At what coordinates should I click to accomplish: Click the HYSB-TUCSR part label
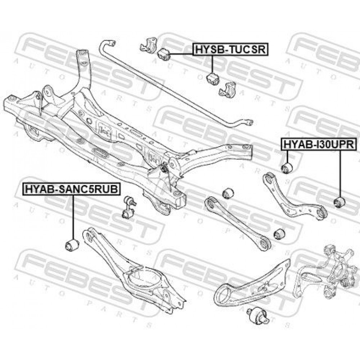click(230, 49)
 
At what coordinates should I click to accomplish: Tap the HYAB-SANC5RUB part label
click(71, 189)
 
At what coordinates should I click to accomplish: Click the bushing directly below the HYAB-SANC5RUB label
click(72, 245)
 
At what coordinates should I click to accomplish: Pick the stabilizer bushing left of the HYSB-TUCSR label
click(164, 53)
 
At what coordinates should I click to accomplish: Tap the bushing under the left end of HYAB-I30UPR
click(288, 167)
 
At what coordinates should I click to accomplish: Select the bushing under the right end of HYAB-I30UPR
click(339, 202)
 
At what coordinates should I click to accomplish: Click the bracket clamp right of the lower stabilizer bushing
click(227, 89)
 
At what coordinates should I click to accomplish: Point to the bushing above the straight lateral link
click(228, 193)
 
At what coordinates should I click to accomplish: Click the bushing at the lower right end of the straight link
click(279, 234)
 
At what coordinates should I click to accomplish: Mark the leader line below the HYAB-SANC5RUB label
click(72, 216)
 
